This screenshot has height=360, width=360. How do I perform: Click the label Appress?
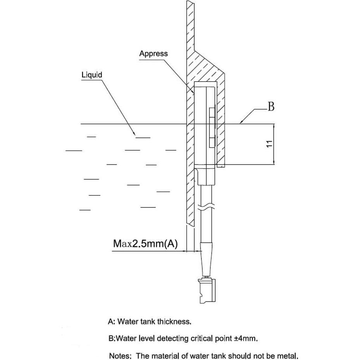[x=153, y=54]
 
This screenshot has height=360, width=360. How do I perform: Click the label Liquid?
[x=92, y=75]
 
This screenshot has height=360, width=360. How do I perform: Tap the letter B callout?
[x=271, y=107]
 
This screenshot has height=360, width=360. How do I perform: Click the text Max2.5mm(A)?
[x=145, y=243]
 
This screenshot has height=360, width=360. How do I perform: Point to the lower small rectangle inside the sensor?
[x=211, y=142]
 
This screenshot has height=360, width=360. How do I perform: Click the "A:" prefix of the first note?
[x=112, y=321]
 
